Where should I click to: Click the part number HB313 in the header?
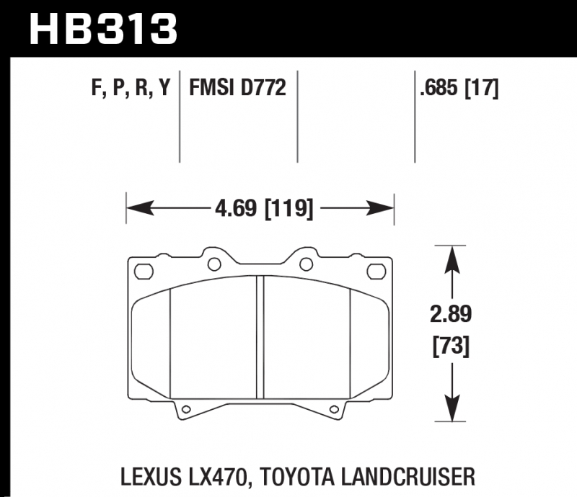point(103,29)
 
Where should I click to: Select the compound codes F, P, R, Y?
point(131,88)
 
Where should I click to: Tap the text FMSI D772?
point(237,87)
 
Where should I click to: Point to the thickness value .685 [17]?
point(459,88)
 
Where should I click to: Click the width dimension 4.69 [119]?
point(264,208)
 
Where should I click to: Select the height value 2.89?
point(451,314)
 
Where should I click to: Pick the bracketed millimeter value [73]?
point(451,346)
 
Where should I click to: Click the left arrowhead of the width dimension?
point(140,208)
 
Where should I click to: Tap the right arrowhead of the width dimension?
point(380,208)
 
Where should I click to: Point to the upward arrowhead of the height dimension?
point(452,259)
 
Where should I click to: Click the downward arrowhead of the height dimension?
point(452,408)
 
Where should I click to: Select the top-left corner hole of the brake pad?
point(144,272)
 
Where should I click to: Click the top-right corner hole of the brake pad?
point(376,272)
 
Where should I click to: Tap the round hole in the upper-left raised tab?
point(214,264)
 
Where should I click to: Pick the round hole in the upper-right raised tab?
point(306,264)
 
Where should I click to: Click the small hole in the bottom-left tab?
point(186,409)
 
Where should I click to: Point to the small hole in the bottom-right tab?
point(334,409)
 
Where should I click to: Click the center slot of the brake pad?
point(260,337)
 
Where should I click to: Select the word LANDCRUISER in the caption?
point(408,476)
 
